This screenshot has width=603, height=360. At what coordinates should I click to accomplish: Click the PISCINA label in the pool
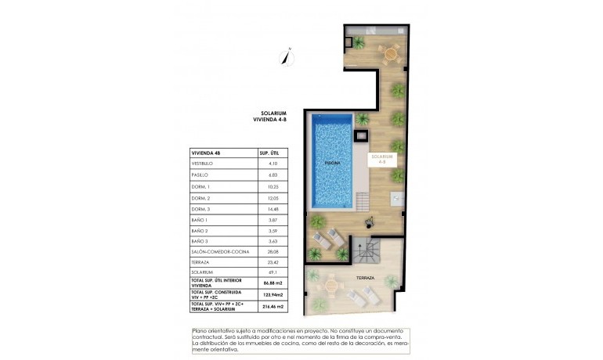tap(333, 162)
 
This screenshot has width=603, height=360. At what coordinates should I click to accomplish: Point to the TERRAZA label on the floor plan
tap(366, 279)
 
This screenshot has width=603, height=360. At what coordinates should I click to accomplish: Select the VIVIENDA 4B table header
tap(207, 153)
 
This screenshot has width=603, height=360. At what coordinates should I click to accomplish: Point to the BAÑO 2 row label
tap(200, 231)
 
